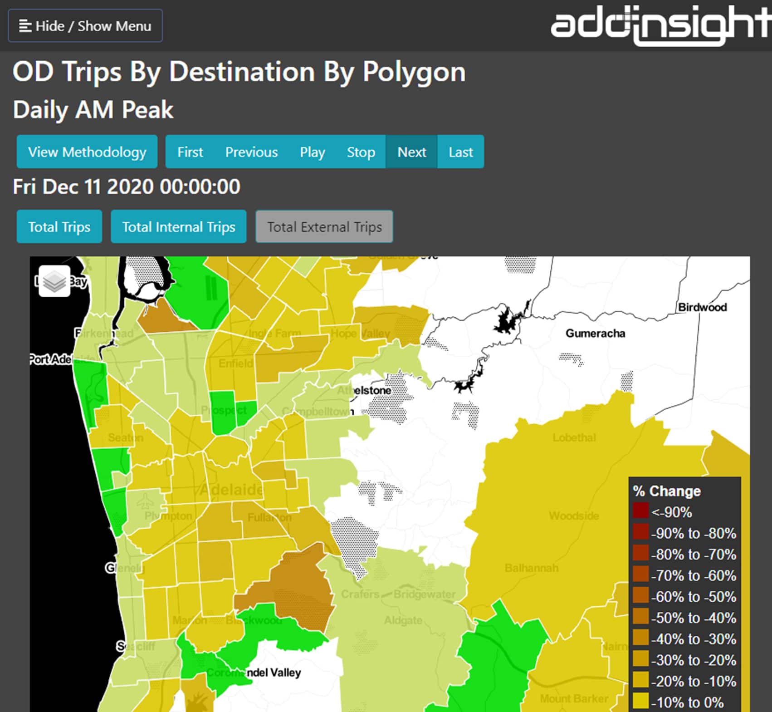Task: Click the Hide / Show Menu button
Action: pyautogui.click(x=85, y=26)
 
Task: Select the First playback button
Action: pyautogui.click(x=190, y=152)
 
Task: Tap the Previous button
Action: pyautogui.click(x=251, y=152)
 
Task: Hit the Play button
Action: pyautogui.click(x=312, y=152)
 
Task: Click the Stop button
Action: pyautogui.click(x=361, y=152)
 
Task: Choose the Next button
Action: pyautogui.click(x=411, y=152)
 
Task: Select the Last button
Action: pyautogui.click(x=460, y=152)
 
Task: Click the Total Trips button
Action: pyautogui.click(x=59, y=226)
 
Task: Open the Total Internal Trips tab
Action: pyautogui.click(x=179, y=226)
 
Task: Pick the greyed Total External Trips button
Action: pyautogui.click(x=324, y=226)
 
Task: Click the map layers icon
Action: pyautogui.click(x=54, y=281)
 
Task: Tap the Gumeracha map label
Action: pyautogui.click(x=595, y=334)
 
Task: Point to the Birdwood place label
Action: pyautogui.click(x=702, y=307)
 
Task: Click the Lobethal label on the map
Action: pyautogui.click(x=574, y=437)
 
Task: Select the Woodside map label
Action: pyautogui.click(x=574, y=516)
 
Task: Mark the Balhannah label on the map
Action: pyautogui.click(x=531, y=568)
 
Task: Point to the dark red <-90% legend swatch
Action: pyautogui.click(x=641, y=511)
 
